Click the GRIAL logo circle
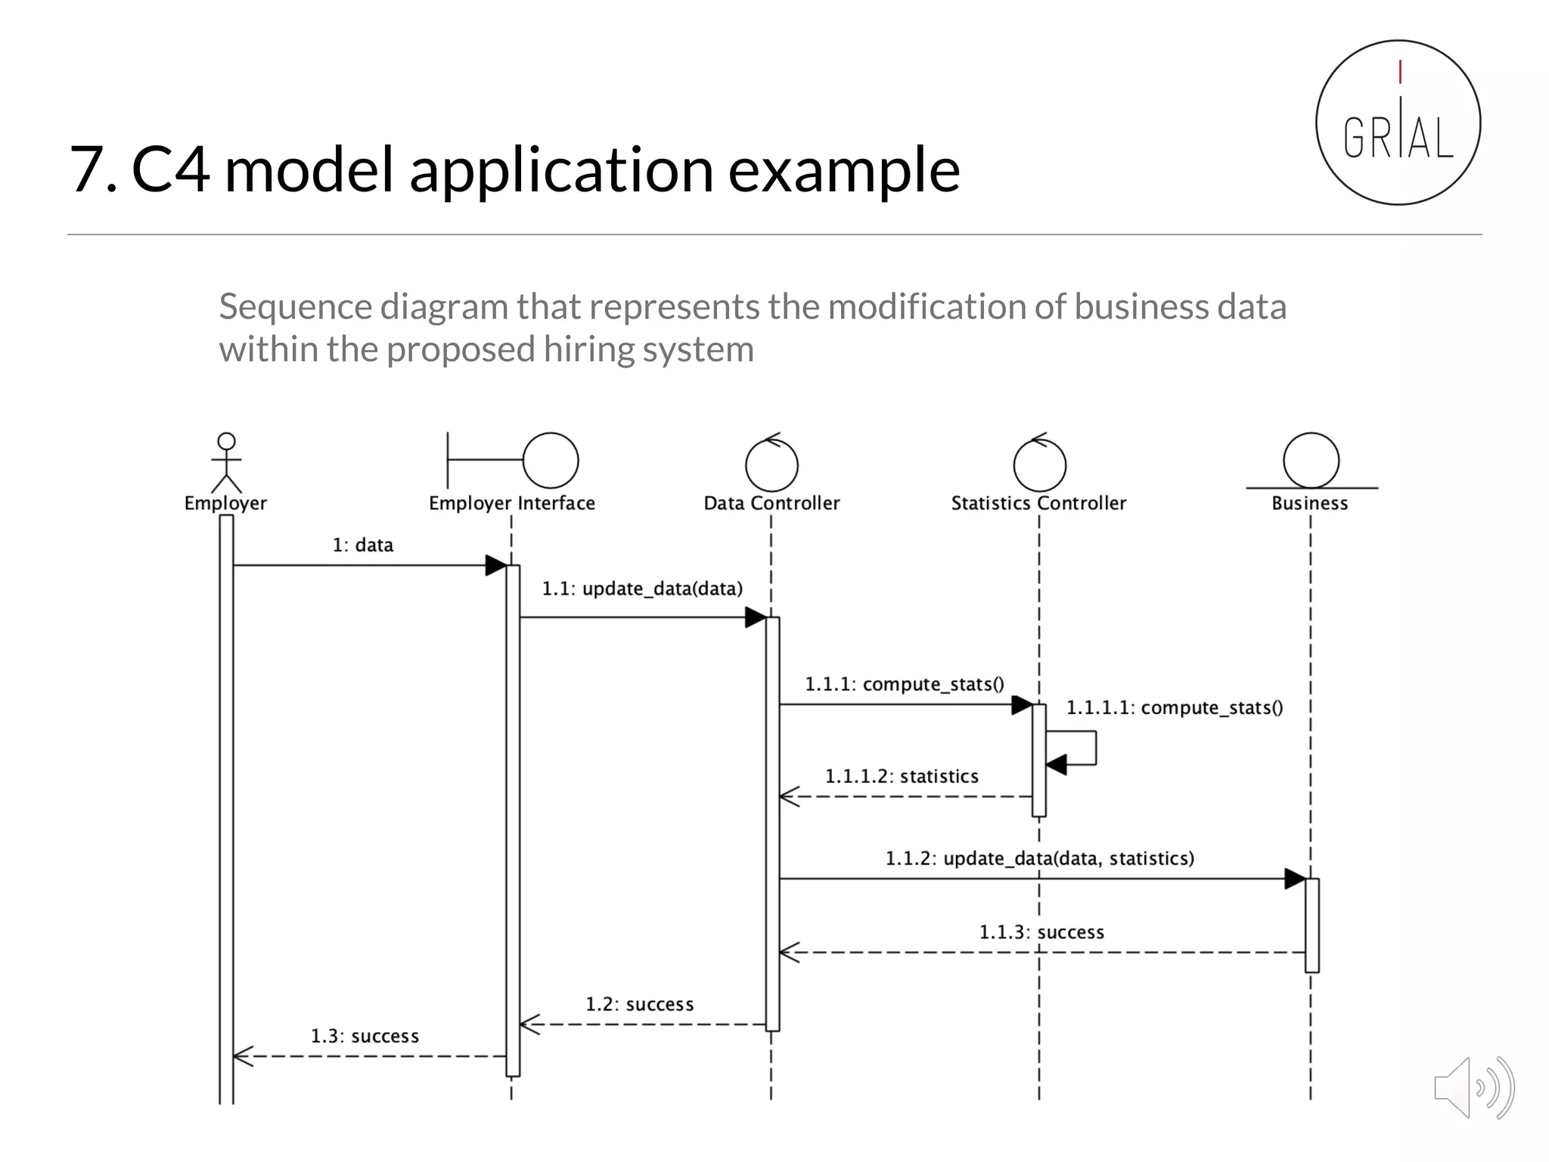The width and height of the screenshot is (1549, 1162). tap(1398, 123)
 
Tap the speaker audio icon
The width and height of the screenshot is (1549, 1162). tap(1473, 1088)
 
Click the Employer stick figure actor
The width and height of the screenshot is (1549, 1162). tap(226, 462)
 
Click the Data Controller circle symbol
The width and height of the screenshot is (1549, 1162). tap(771, 464)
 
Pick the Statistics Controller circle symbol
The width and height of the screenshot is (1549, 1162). tap(1039, 464)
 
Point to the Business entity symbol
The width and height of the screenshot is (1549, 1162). tap(1311, 461)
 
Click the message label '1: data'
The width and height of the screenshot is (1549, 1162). tap(363, 545)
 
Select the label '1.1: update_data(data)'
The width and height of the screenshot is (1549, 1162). tap(642, 589)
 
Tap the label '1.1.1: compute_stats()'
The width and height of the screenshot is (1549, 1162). tap(905, 685)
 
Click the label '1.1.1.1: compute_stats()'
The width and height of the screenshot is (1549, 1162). tap(1175, 708)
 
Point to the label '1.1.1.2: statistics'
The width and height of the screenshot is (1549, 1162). tap(902, 777)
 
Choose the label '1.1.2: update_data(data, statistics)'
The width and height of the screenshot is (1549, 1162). tap(1040, 859)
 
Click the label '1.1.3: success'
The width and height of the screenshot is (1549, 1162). tap(1041, 933)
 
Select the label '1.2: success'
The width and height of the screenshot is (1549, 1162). tap(639, 1005)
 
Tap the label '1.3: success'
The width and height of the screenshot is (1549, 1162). tap(365, 1036)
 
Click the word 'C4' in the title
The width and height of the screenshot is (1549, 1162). tap(170, 169)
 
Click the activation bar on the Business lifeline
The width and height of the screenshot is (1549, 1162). tap(1312, 924)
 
